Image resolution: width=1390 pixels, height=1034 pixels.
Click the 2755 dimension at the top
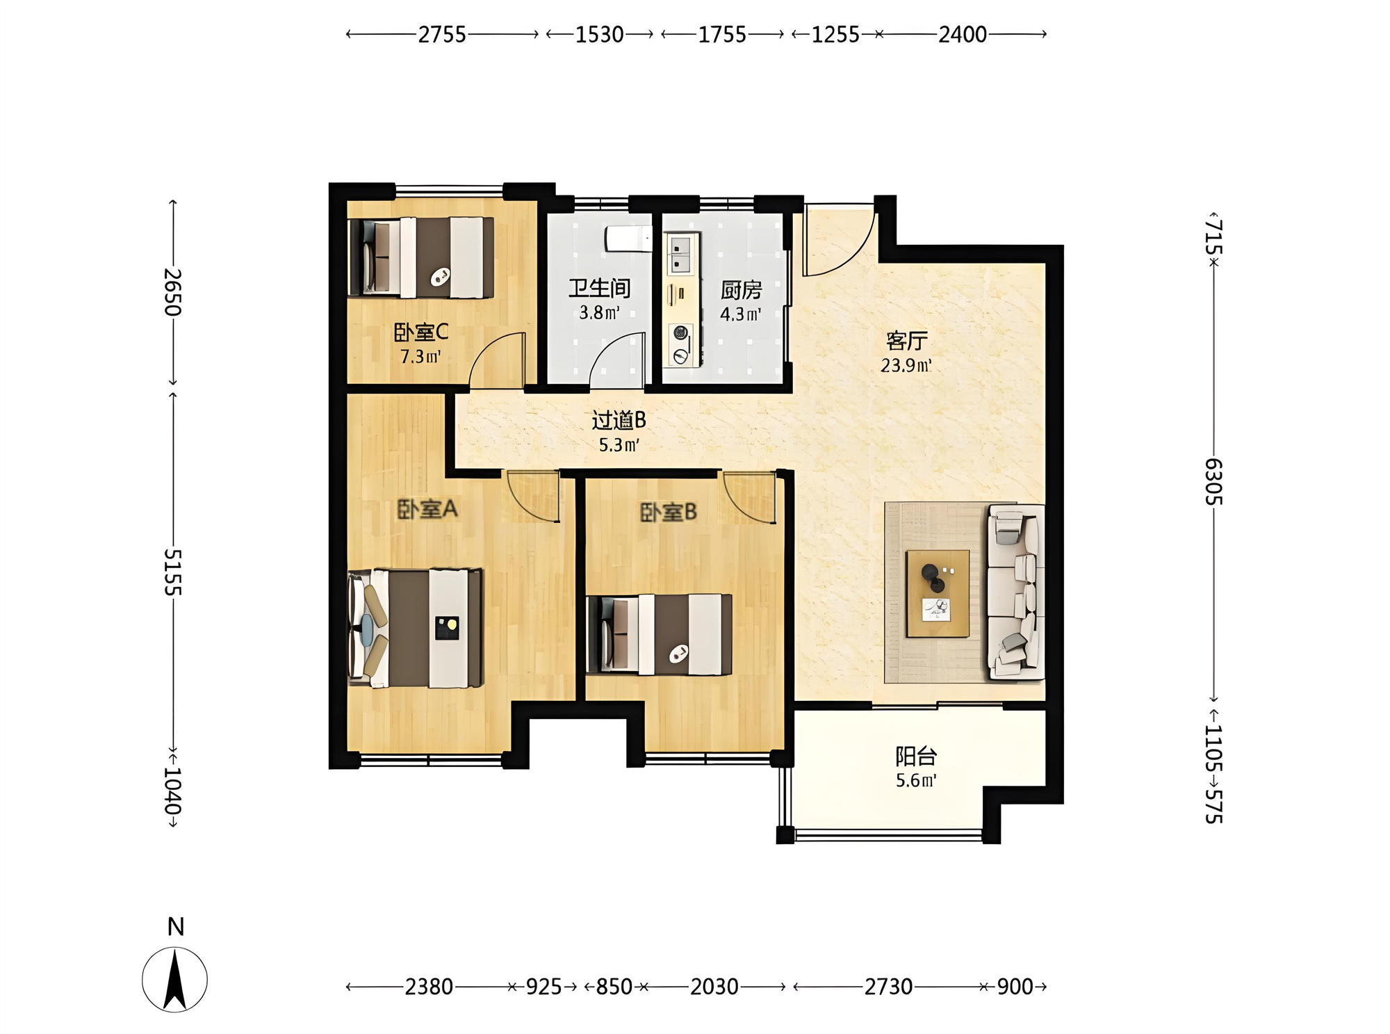click(442, 34)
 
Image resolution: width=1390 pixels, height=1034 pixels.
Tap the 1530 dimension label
click(599, 34)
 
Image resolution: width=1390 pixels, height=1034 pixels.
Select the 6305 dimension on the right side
click(1213, 481)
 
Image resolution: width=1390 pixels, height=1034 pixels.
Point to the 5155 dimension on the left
click(173, 572)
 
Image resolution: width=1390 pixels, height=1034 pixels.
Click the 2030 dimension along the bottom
click(714, 986)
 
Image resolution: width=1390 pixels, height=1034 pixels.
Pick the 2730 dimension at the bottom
click(888, 986)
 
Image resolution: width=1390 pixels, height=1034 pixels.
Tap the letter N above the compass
click(176, 927)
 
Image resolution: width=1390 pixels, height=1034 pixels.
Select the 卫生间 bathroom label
click(600, 288)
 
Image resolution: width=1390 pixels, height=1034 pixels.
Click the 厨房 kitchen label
click(741, 290)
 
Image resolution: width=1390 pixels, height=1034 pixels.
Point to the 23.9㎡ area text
click(906, 365)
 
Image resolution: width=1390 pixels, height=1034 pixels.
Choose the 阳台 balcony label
click(916, 756)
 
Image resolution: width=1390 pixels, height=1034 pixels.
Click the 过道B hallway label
click(619, 420)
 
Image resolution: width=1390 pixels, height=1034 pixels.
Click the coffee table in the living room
click(938, 593)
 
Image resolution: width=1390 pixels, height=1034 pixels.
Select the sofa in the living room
click(1015, 592)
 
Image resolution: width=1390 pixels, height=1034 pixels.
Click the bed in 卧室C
click(421, 257)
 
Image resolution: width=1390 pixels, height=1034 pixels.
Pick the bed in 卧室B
click(659, 634)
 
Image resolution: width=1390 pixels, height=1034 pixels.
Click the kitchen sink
click(680, 255)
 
